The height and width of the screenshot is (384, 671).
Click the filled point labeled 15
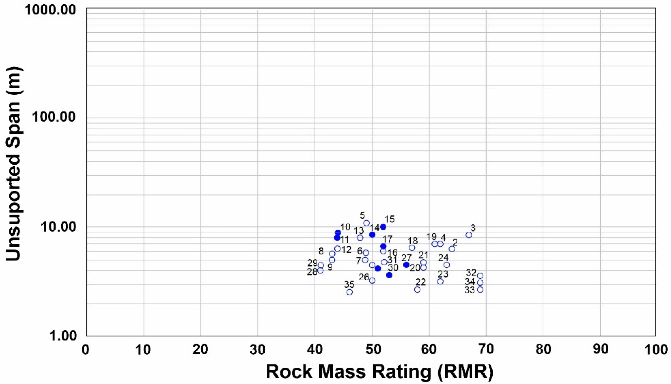383,227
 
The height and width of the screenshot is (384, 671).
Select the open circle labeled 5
366,223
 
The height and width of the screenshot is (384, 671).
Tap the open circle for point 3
469,235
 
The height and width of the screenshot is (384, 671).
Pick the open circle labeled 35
349,292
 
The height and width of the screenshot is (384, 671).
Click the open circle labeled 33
480,289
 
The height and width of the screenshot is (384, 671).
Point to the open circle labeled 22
417,289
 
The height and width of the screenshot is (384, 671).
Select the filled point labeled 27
406,265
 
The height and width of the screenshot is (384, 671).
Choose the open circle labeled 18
412,248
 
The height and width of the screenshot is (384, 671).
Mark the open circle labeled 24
446,265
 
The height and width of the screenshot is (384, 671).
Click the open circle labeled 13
360,238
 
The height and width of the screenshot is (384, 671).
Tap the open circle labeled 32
480,276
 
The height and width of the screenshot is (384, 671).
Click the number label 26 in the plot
364,277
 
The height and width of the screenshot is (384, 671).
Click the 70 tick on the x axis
486,349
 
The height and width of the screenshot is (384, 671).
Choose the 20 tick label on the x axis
201,349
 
